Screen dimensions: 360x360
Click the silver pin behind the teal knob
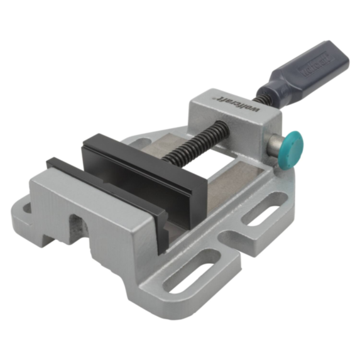[x=274, y=146]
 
